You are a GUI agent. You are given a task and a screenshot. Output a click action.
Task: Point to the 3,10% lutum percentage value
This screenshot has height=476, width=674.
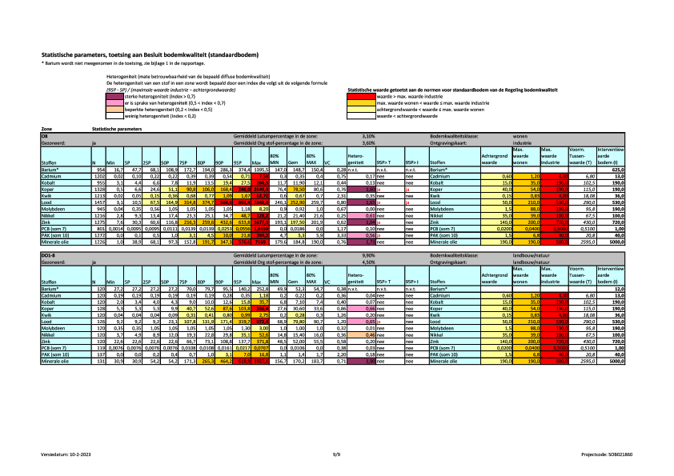(x=368, y=137)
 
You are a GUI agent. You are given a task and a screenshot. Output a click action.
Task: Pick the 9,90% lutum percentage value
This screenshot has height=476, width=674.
(x=368, y=254)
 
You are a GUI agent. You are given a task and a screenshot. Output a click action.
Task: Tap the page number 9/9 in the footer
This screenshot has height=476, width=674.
(x=337, y=454)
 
